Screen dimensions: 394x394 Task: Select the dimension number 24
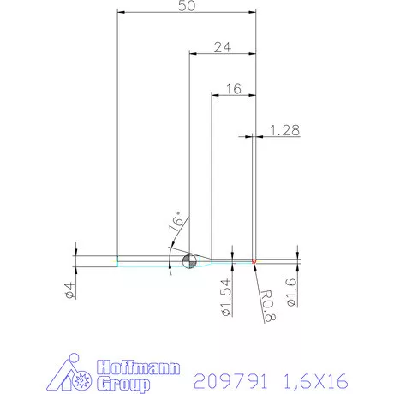click(x=223, y=48)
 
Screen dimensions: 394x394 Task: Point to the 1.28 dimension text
click(x=284, y=130)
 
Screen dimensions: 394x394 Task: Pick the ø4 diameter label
click(x=69, y=290)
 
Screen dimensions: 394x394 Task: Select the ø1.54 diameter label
click(x=226, y=299)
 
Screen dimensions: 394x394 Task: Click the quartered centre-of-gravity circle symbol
click(x=190, y=261)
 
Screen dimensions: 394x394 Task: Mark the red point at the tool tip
click(x=254, y=261)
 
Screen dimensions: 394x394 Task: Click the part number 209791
click(x=231, y=379)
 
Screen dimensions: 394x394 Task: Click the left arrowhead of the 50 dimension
click(x=121, y=13)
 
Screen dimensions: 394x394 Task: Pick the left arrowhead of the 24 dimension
click(x=193, y=54)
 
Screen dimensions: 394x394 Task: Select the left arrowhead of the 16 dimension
click(x=215, y=94)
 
